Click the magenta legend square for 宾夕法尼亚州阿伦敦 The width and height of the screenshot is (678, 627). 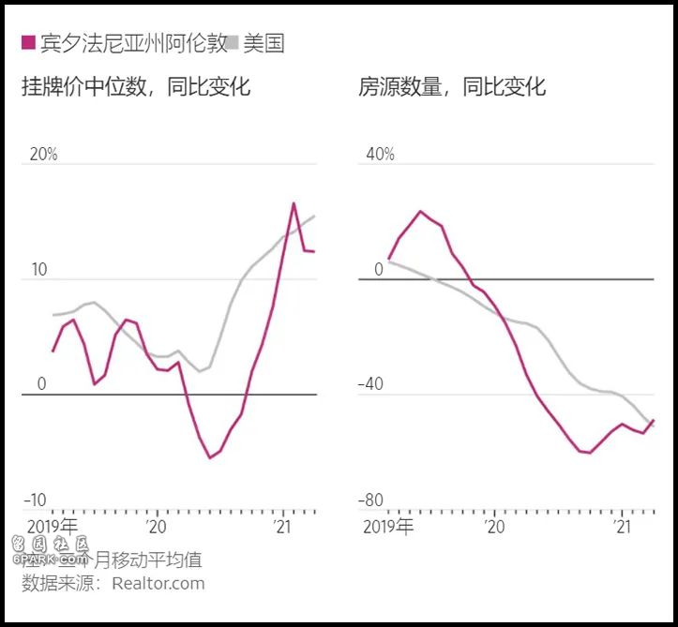(28, 43)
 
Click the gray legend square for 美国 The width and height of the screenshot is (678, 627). (233, 43)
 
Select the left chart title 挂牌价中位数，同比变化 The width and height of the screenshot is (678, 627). (136, 88)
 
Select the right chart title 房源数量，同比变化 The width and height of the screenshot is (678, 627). (452, 88)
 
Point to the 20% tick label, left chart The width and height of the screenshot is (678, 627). (43, 155)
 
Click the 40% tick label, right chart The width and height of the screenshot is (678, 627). (380, 155)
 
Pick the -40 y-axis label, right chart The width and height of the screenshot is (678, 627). (373, 384)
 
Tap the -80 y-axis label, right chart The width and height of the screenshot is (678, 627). (373, 500)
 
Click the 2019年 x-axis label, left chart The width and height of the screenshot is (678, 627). (53, 527)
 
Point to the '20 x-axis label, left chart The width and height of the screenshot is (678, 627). (156, 527)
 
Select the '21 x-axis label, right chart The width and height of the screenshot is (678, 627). (620, 527)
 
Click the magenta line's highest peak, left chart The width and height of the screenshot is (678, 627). (294, 202)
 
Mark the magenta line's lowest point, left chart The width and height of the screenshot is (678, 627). (210, 458)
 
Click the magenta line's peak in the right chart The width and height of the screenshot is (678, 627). (420, 211)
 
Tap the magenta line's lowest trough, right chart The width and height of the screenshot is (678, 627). (590, 453)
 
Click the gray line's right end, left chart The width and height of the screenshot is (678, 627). (314, 216)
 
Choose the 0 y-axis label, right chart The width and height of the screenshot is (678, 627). (379, 270)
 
